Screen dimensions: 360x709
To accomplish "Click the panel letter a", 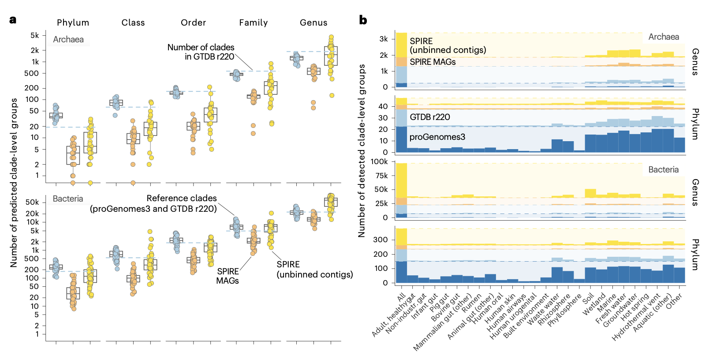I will click(x=13, y=20).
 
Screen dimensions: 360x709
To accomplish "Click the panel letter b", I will click(x=363, y=20).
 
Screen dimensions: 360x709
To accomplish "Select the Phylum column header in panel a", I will click(x=73, y=22).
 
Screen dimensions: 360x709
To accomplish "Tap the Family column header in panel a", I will click(x=253, y=22).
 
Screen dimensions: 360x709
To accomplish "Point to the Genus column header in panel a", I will click(x=313, y=22).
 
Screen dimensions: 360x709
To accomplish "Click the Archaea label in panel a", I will click(x=68, y=39).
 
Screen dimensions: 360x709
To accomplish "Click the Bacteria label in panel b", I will click(x=663, y=169).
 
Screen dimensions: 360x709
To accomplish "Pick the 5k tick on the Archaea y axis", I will click(x=34, y=35).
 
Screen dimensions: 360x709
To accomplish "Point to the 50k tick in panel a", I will click(x=32, y=202).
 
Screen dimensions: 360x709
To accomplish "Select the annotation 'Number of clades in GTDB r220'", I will click(x=201, y=52).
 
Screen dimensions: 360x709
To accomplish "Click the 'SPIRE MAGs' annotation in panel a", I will click(x=228, y=276).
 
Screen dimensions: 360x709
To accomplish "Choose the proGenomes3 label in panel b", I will click(x=437, y=137).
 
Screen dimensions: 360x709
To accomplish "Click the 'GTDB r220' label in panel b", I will click(x=429, y=117).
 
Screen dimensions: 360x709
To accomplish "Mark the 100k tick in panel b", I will click(x=379, y=161).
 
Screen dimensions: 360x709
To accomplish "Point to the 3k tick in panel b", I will click(x=383, y=39).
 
